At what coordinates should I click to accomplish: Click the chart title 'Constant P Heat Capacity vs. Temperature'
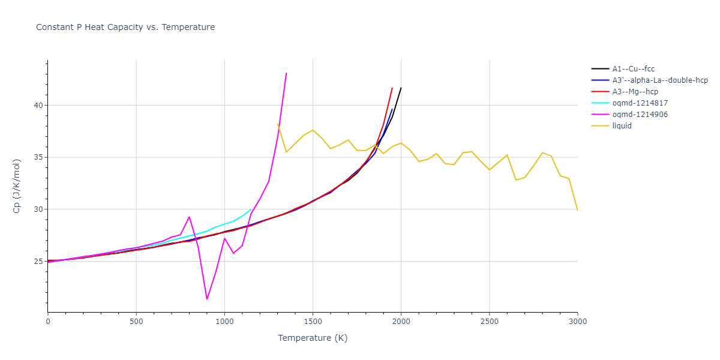[x=125, y=27]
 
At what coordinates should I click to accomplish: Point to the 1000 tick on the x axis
[x=224, y=322]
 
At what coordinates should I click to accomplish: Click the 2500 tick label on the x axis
[x=489, y=322]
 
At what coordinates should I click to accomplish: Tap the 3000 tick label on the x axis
[x=577, y=322]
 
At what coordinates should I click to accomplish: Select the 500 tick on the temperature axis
[x=136, y=322]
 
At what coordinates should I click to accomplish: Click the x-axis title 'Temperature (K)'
[x=312, y=338]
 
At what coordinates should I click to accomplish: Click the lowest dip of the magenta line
[x=207, y=299]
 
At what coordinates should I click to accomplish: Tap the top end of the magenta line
[x=286, y=73]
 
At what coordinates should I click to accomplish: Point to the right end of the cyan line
[x=251, y=209]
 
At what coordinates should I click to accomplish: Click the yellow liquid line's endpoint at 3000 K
[x=577, y=211]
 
